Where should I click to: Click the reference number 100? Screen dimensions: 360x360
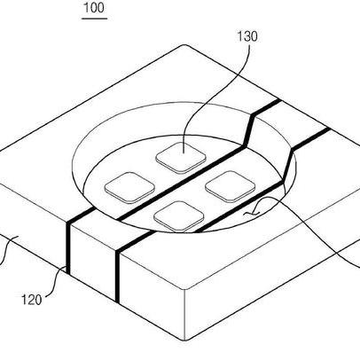point(94,7)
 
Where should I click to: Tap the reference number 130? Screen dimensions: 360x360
point(247,36)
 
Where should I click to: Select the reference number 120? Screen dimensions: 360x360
point(31,300)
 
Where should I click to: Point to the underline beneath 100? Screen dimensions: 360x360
point(94,19)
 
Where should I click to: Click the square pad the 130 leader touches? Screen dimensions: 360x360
point(181,158)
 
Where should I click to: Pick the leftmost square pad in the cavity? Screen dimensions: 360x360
point(130,188)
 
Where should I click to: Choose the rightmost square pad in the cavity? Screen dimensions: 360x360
point(231,186)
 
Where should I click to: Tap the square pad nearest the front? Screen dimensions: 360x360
point(179,216)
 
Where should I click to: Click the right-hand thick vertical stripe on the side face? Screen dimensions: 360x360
point(118,277)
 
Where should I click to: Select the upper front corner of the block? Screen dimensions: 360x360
point(185,288)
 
